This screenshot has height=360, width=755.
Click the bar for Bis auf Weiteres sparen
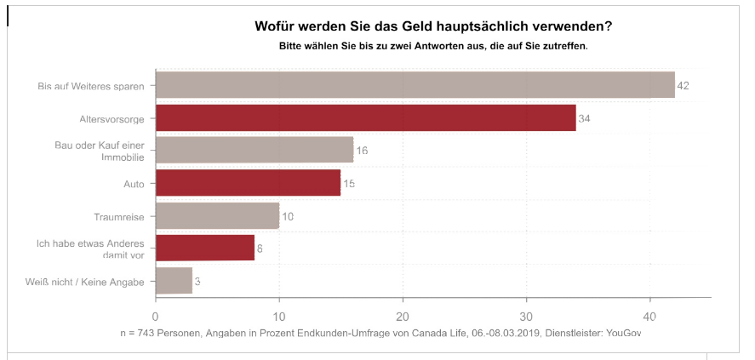[x=415, y=85]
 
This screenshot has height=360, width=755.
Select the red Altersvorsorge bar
[x=366, y=117]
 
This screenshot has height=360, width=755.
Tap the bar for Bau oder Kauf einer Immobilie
[x=255, y=150]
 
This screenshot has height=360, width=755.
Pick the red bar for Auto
[x=248, y=183]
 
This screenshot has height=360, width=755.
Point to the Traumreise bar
[x=217, y=215]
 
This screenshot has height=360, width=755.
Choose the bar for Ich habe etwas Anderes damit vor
[x=205, y=248]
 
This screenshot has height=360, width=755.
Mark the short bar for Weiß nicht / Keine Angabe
[x=174, y=281]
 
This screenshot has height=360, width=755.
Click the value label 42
[x=682, y=86]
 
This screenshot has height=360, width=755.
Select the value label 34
[x=584, y=118]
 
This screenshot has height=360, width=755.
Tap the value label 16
[x=362, y=151]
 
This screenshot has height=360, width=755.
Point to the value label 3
[x=197, y=281]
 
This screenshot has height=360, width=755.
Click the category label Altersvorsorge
[x=115, y=118]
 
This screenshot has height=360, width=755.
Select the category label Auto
[x=134, y=184]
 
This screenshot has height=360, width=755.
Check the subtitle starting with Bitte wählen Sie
[x=433, y=45]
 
